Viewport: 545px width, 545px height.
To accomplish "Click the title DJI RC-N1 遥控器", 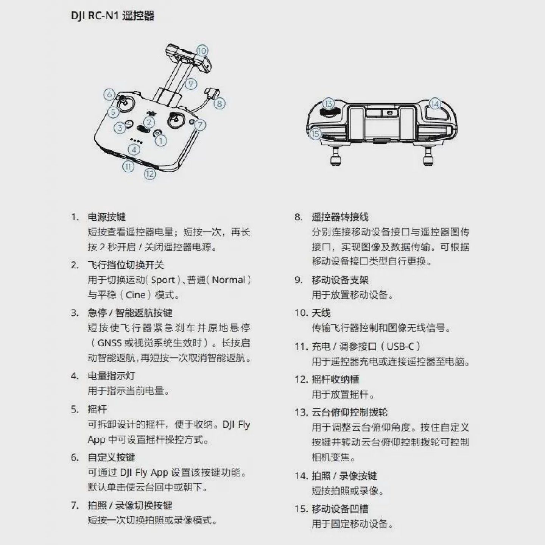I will click(112, 16).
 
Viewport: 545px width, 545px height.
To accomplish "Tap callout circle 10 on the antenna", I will click(202, 51).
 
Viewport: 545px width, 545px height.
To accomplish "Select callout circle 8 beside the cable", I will click(219, 103).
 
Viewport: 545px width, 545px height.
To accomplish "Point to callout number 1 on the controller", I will click(161, 141).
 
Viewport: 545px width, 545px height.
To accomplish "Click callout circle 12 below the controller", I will click(150, 174).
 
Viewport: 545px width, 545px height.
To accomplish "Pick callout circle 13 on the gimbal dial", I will click(329, 104).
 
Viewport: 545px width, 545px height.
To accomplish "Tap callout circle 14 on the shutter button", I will click(435, 104).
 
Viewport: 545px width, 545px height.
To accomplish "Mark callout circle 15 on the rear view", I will click(315, 134).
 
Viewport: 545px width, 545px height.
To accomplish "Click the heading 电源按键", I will click(107, 217).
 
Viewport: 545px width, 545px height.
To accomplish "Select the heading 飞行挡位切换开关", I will click(126, 265).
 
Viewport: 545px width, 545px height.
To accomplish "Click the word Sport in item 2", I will click(163, 280).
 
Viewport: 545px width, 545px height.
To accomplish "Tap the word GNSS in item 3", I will click(109, 343).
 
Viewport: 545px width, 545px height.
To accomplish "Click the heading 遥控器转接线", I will click(340, 217).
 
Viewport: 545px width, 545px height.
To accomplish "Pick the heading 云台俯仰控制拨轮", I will click(350, 412).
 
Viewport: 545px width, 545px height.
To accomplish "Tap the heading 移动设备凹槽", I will click(340, 509).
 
